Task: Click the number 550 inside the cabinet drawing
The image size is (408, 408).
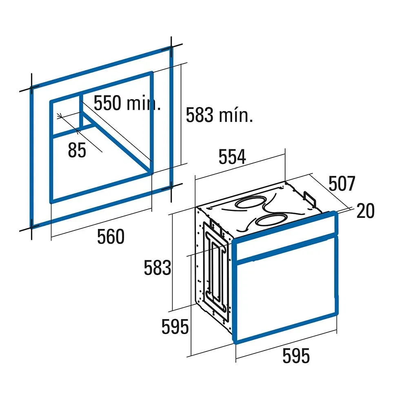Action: pos(107,103)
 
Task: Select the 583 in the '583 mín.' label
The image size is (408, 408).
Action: pos(200,115)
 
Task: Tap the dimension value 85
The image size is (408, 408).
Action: pos(77,150)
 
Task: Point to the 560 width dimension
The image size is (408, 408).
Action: pos(111,236)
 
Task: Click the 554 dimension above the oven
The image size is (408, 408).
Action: pos(232,157)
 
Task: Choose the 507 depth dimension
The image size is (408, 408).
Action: pos(341,184)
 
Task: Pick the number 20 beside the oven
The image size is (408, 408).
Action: pos(366,211)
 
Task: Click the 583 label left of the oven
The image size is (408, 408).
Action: pos(157,268)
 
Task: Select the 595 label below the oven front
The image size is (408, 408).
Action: pos(296,355)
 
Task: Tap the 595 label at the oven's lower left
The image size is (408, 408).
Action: pos(175,326)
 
